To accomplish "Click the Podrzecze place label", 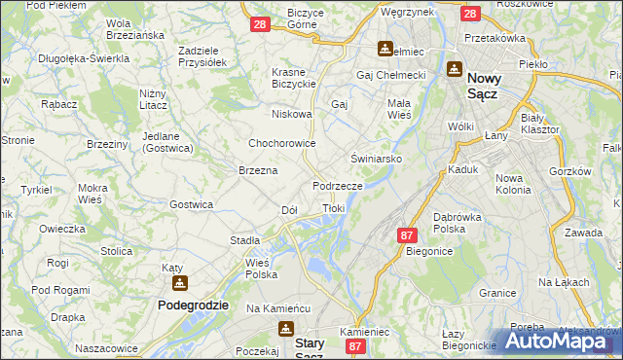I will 338,185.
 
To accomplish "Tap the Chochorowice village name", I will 280,142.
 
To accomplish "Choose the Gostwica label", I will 191,204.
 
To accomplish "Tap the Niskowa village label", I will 292,114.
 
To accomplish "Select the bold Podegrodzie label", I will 193,305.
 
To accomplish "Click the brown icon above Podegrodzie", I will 180,283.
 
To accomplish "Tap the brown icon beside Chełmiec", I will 385,48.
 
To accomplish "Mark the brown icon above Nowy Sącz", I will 454,69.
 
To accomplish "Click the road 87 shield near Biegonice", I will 408,235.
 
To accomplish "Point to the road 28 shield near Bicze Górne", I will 259,24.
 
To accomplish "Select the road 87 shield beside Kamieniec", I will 356,346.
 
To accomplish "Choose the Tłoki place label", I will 334,208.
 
